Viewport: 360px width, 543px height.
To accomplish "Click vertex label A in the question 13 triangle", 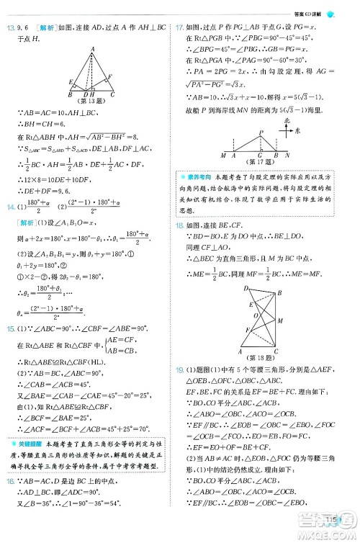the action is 91,49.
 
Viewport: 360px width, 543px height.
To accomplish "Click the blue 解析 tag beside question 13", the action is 40,28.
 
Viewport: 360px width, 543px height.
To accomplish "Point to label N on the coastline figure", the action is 287,155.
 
